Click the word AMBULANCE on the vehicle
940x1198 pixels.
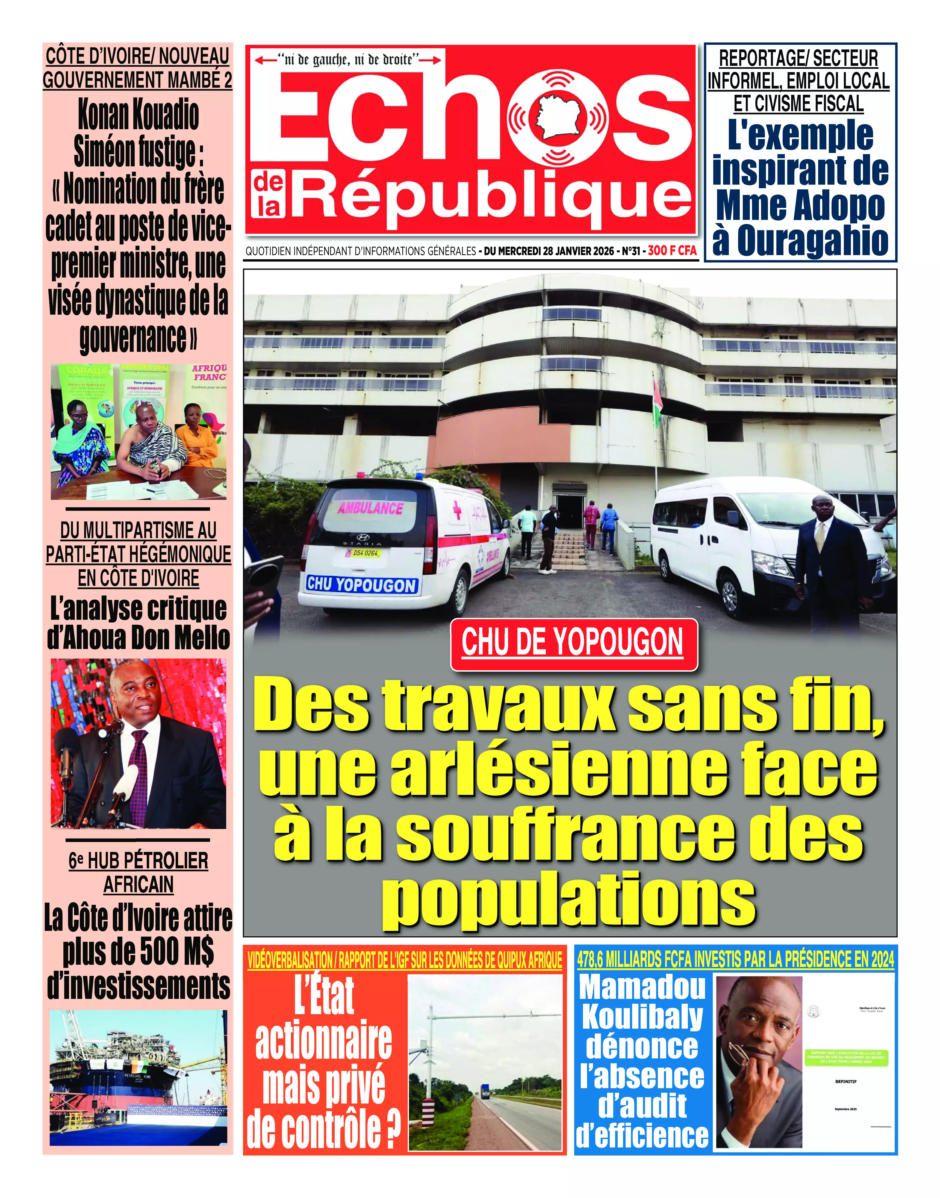(370, 507)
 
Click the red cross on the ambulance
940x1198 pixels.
(456, 511)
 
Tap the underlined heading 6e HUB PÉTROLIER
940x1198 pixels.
(138, 860)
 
